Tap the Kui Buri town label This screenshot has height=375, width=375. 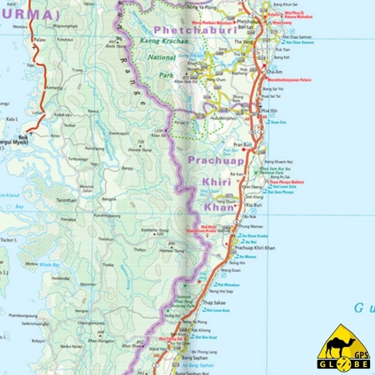254,206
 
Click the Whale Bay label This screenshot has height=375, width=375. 49,263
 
